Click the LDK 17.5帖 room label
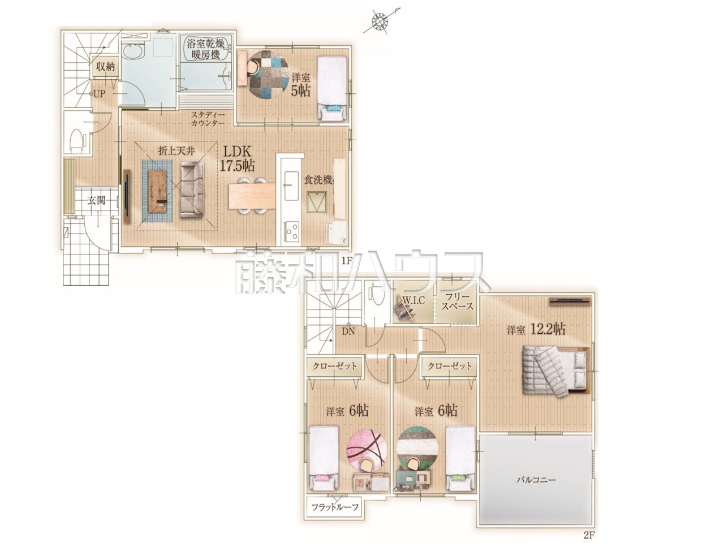[x=237, y=160]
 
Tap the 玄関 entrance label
[x=96, y=200]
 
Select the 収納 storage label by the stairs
[x=106, y=67]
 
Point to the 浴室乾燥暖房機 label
[x=205, y=49]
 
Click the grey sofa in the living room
[x=192, y=191]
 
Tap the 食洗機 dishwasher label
[x=318, y=180]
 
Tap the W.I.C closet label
[x=413, y=300]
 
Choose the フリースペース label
[x=457, y=301]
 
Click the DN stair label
[x=348, y=331]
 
